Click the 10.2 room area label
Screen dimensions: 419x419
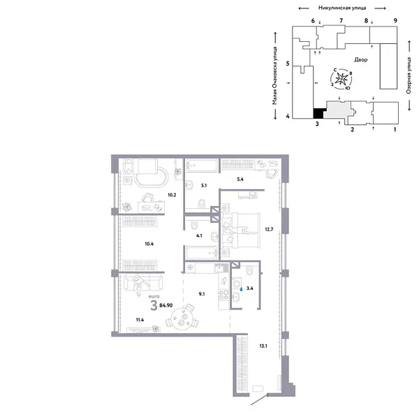pyautogui.click(x=170, y=196)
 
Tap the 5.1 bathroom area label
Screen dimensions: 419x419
pyautogui.click(x=204, y=186)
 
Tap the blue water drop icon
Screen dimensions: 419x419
pyautogui.click(x=241, y=286)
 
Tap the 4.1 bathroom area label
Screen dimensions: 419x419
pyautogui.click(x=200, y=236)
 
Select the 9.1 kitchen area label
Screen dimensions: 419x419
pyautogui.click(x=201, y=294)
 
